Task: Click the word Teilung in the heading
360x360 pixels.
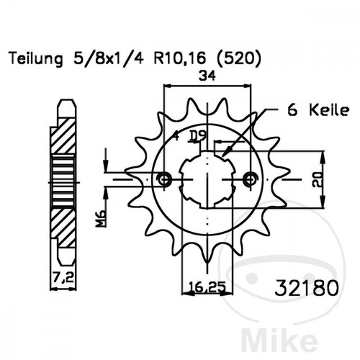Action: click(x=36, y=59)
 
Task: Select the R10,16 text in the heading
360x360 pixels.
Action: click(x=179, y=59)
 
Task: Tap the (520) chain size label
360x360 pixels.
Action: click(x=238, y=59)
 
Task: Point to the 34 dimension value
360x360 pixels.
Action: click(x=207, y=76)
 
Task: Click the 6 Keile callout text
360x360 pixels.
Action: click(x=318, y=111)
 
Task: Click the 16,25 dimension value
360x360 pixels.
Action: click(x=207, y=287)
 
